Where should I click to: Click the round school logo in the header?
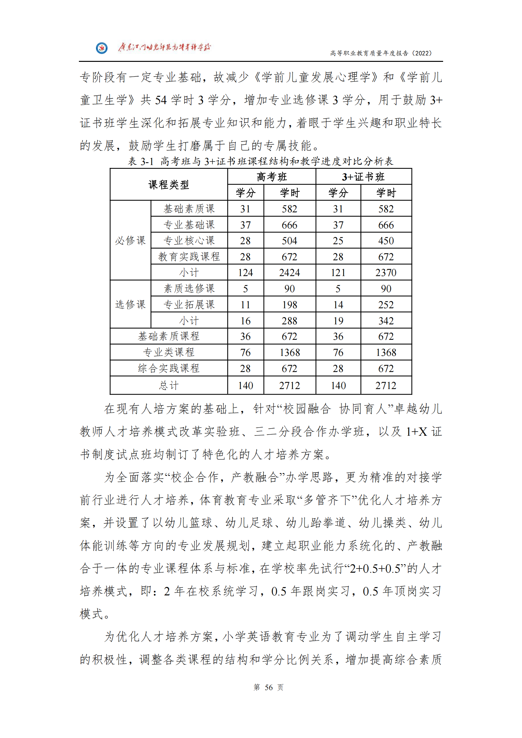click(x=102, y=48)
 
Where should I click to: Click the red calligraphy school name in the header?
click(x=164, y=48)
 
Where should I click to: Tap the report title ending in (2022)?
click(x=381, y=53)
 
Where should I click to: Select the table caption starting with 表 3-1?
click(x=260, y=161)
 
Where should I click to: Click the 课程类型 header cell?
click(x=169, y=185)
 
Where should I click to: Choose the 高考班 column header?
click(x=272, y=177)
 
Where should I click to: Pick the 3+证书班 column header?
click(x=363, y=177)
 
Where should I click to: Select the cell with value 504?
click(x=289, y=241)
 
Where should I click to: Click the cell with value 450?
click(x=386, y=241)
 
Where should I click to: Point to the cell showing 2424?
click(x=289, y=273)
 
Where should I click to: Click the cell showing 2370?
click(x=386, y=273)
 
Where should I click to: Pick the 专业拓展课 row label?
click(x=189, y=304)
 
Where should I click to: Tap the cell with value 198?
click(x=289, y=304)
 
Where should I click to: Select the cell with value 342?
click(x=386, y=321)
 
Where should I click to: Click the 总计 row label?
click(x=169, y=385)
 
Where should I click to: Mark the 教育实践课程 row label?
click(x=189, y=257)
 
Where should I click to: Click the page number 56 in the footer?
click(x=268, y=687)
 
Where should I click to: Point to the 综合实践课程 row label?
click(x=169, y=368)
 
